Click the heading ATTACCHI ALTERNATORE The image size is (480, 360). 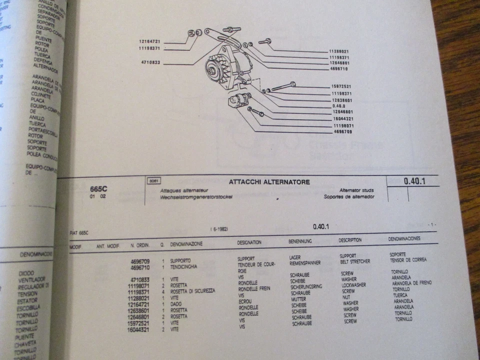269,182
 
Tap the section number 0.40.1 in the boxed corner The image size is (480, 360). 414,181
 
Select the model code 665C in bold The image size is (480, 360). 98,189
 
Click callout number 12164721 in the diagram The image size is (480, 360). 149,41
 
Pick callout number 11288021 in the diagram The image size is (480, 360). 339,51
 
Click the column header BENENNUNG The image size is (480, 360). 300,241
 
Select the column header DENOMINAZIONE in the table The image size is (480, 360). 186,244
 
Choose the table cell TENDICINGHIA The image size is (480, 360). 183,267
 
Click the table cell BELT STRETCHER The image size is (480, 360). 355,261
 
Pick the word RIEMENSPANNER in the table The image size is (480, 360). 305,262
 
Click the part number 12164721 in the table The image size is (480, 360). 140,304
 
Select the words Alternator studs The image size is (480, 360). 356,190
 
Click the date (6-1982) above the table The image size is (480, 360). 219,228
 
